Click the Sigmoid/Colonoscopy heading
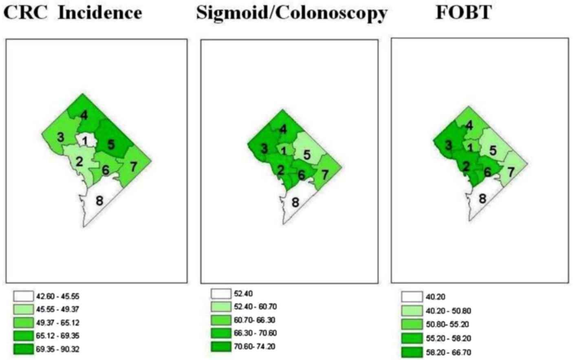point(291,13)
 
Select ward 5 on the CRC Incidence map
point(111,144)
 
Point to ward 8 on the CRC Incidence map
point(99,201)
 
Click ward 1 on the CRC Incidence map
point(85,141)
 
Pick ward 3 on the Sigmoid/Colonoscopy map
point(264,148)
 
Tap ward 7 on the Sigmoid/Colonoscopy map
point(325,174)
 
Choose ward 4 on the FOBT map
point(469,125)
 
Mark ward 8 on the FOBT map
point(483,199)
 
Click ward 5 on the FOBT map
point(493,151)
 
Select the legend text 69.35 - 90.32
point(57,349)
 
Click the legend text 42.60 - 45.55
point(57,296)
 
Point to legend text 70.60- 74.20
point(255,347)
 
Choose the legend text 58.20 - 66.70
point(448,352)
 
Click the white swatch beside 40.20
point(412,296)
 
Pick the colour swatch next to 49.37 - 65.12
point(24,323)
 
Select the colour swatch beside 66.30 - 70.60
point(221,333)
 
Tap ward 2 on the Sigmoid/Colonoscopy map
point(280,170)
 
